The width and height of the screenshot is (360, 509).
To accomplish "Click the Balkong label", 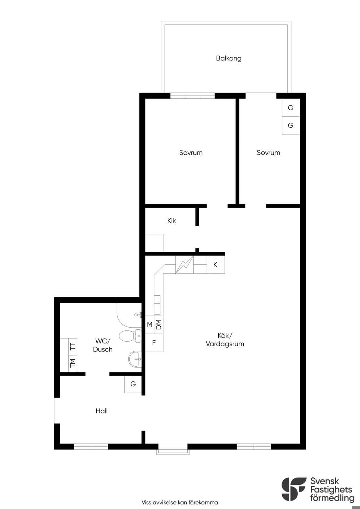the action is point(229,58).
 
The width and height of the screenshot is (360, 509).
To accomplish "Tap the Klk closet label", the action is point(171,221).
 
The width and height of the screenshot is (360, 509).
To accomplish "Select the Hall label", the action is point(102,411).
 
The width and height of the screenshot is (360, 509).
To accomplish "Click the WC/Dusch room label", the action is point(103,345).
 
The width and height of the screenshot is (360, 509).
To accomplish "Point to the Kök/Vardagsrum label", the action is point(225,340).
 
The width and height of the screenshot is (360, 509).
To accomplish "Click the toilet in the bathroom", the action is point(130,336).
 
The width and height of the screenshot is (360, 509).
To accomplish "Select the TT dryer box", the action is point(73,347).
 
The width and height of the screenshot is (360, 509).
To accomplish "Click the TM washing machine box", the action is point(73,363).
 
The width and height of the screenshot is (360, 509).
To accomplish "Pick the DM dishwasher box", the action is point(159,325).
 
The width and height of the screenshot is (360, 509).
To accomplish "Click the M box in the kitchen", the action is point(150,325).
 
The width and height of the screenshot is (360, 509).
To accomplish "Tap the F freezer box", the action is point(154,343).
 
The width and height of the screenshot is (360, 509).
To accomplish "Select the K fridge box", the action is point(216,264).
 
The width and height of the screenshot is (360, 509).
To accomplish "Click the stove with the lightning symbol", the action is point(184,264).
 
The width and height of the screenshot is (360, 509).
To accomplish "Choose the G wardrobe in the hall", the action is point(133,384).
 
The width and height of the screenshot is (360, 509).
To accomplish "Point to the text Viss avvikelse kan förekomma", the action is point(180,502).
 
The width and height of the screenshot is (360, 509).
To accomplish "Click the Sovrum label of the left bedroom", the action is point(191,153).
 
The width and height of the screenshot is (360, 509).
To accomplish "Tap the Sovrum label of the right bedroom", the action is point(268,153).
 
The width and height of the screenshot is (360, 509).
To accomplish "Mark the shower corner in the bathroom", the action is point(129,315).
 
